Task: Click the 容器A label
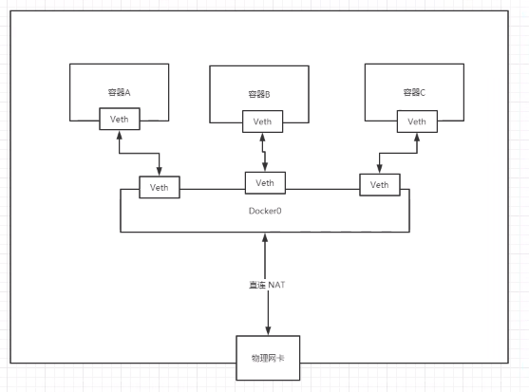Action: [119, 92]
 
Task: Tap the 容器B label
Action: [259, 94]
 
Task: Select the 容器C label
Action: [414, 92]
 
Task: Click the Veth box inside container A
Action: [120, 119]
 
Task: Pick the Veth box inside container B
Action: [262, 121]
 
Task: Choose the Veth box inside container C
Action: [417, 121]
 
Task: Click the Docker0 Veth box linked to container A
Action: [160, 187]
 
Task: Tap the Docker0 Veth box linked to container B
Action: [265, 183]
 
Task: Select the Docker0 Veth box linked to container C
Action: [380, 185]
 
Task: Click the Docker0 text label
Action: [265, 211]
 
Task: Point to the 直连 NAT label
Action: [267, 285]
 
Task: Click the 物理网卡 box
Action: [268, 358]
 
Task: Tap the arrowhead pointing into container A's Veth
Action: [119, 135]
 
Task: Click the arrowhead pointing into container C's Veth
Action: [417, 138]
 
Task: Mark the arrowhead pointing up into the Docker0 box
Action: [265, 237]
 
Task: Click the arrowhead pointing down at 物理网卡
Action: [268, 331]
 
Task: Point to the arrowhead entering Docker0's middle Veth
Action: [265, 167]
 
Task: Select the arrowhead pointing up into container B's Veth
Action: [262, 138]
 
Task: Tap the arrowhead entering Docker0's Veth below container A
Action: [160, 172]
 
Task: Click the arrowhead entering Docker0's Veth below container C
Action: [380, 169]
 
